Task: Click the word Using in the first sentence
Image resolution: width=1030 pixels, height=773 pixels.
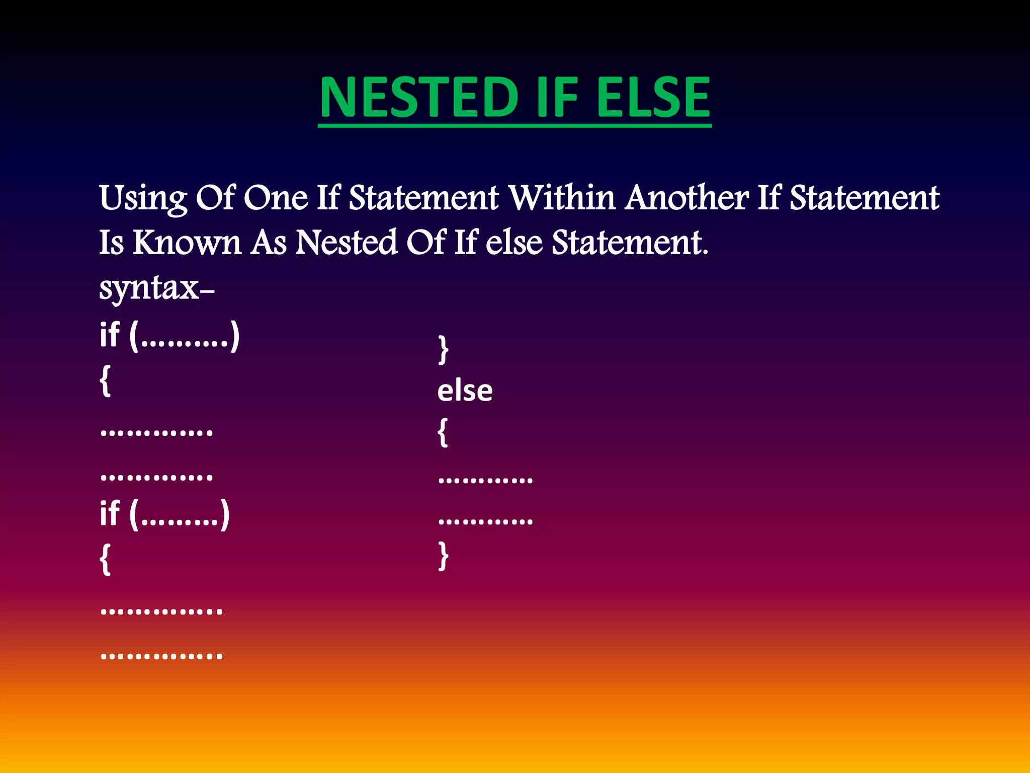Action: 143,198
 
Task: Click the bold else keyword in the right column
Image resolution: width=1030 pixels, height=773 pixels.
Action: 465,391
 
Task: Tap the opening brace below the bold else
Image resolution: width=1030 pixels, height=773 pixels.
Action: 443,432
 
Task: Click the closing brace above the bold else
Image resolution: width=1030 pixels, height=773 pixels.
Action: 443,349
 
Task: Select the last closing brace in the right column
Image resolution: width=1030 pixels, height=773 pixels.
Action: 443,556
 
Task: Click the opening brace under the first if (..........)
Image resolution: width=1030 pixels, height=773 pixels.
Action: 105,381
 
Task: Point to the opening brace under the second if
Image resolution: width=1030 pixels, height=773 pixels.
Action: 105,559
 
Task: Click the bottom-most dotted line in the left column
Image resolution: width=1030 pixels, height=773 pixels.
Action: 161,656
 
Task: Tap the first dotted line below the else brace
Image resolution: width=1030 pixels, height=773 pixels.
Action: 485,481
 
